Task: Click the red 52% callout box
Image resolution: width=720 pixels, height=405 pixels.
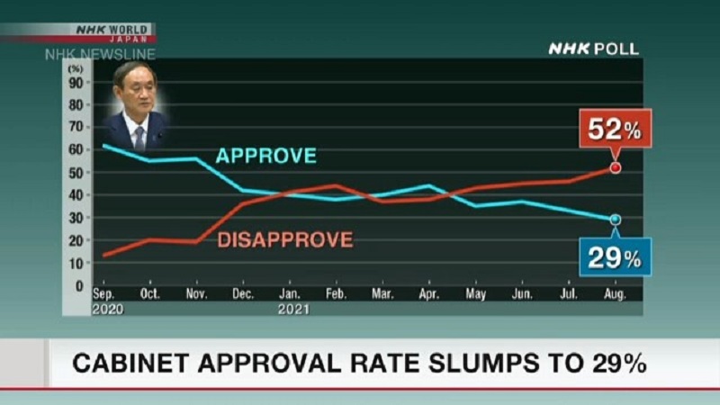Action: coord(616,130)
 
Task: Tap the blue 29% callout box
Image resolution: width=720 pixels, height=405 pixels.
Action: coord(616,258)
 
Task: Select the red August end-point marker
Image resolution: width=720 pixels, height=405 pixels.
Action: coord(616,167)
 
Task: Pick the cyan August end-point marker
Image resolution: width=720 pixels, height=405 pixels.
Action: coord(616,220)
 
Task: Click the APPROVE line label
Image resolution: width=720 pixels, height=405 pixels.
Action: coord(265,156)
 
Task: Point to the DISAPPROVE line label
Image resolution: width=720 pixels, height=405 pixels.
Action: coord(284,240)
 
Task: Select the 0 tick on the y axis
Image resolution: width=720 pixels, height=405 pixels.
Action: coord(79,284)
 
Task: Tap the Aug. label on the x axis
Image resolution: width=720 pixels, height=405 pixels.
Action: coord(616,295)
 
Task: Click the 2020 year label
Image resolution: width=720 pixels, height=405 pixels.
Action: coord(107,309)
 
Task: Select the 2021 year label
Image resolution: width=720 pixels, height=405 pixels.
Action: coord(293,309)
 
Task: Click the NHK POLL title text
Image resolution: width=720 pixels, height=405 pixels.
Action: coord(593,49)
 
